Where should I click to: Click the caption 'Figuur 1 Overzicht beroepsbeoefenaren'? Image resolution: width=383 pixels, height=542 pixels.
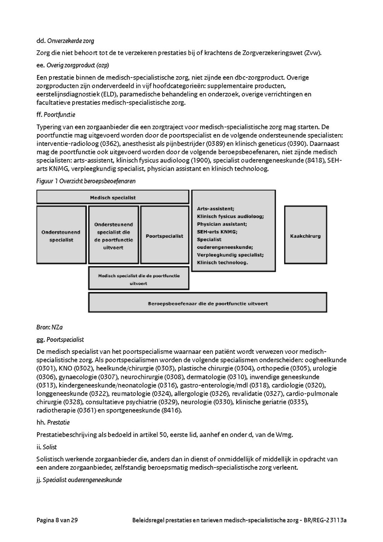(86, 181)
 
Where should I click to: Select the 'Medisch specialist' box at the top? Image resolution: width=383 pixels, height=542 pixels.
(113, 197)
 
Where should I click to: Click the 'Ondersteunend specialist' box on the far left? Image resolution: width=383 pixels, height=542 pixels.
(61, 236)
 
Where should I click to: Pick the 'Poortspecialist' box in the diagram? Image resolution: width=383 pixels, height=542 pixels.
(164, 235)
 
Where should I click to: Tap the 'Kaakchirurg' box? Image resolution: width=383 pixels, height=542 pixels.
(305, 235)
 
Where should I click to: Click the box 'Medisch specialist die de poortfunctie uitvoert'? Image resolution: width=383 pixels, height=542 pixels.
(139, 279)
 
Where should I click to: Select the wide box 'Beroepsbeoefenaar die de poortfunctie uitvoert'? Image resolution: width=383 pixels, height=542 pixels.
(208, 304)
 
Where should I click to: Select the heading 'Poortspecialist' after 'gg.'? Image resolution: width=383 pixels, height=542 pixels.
(65, 339)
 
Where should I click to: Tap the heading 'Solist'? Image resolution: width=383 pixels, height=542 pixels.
(49, 447)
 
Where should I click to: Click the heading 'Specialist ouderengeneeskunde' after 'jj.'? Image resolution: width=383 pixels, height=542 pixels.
(82, 480)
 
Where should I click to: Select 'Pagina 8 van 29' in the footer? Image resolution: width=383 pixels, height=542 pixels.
(57, 520)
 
